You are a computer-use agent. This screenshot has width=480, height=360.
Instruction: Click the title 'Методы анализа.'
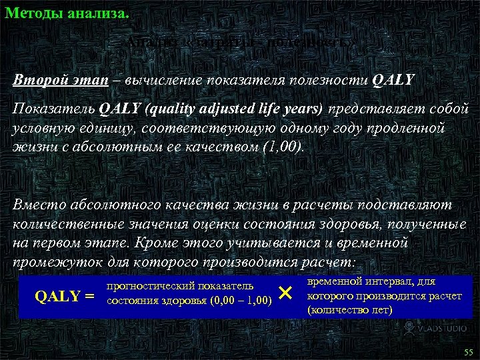point(67,12)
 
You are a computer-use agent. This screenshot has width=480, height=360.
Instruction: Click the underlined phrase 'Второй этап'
point(51,81)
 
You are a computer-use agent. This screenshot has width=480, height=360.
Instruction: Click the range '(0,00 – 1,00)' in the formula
point(241,301)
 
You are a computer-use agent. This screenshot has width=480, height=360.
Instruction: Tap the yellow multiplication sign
point(285,293)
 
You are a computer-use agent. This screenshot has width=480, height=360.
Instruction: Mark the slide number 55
point(467,351)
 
